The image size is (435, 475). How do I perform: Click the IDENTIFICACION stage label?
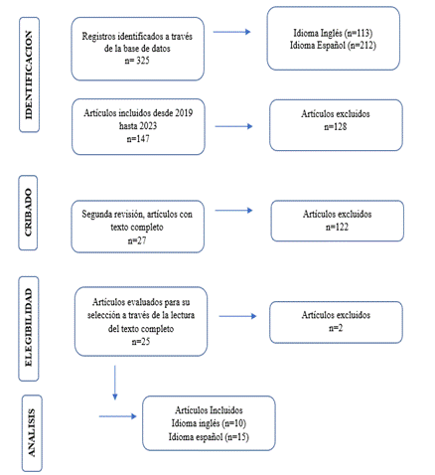point(29,76)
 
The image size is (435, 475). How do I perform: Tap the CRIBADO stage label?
point(28,213)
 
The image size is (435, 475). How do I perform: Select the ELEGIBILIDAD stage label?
point(29,327)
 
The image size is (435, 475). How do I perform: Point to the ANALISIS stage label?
point(32,433)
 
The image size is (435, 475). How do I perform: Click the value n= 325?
point(137,61)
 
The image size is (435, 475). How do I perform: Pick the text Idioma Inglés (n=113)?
point(333,33)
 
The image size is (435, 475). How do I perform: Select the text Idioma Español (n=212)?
point(333,45)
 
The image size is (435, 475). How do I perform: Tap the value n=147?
point(138,138)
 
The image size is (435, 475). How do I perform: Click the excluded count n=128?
point(336,126)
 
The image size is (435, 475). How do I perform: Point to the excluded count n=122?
point(337,227)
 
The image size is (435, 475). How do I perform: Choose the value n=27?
point(137,240)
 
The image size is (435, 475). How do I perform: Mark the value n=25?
point(141,341)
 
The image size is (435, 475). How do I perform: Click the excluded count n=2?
point(336,328)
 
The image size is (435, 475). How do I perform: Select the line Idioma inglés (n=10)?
point(209,423)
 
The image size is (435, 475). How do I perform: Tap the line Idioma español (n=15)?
point(209,437)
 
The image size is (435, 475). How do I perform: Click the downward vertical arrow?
point(115,383)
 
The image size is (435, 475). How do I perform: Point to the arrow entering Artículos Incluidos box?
point(118,416)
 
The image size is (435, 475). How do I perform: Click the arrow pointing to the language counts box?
point(231,32)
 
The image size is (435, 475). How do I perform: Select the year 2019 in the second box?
point(184,113)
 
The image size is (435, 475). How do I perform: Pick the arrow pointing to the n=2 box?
point(237,316)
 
